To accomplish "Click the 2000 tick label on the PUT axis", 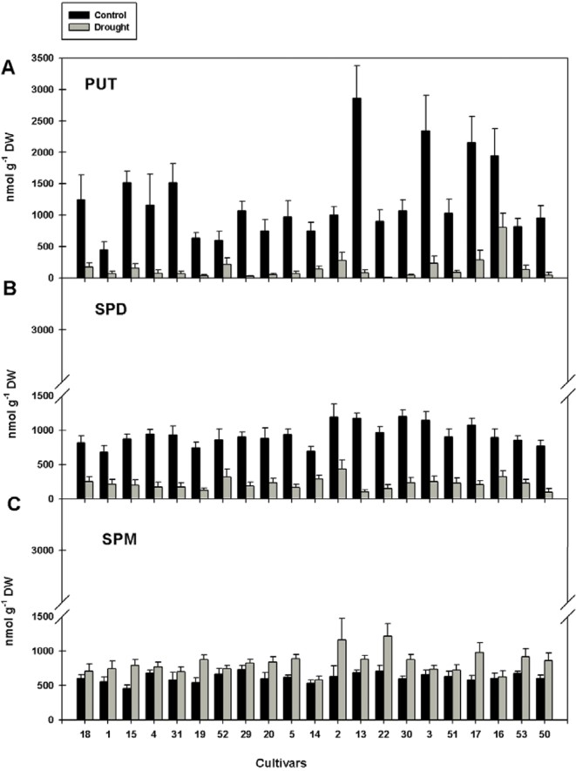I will click(43, 152).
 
